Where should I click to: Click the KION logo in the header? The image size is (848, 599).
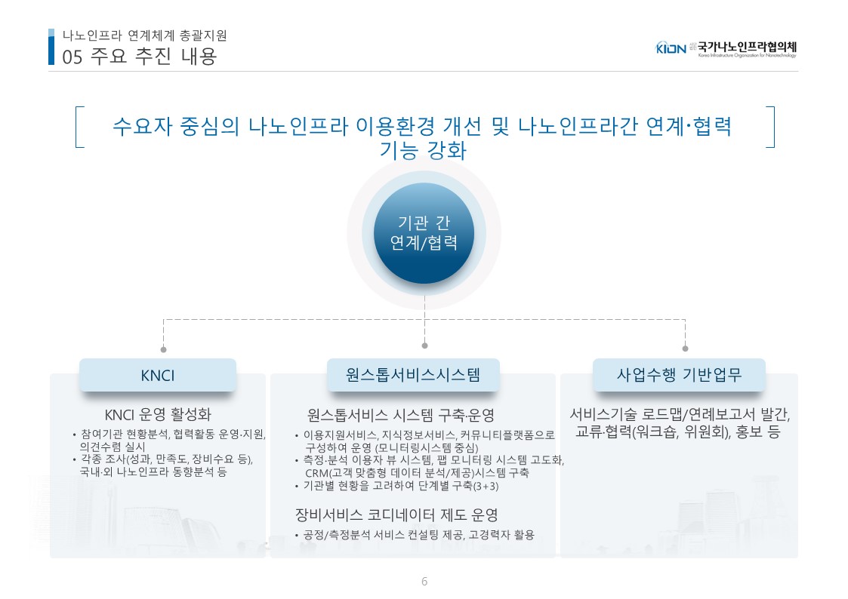click(671, 48)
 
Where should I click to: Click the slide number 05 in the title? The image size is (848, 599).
click(72, 57)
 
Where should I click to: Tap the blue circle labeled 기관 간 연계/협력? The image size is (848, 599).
click(424, 233)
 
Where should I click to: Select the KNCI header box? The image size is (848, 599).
click(158, 375)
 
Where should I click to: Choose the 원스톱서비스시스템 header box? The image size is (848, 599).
click(413, 375)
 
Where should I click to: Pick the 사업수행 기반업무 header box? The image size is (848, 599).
click(680, 375)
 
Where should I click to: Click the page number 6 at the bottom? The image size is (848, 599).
click(424, 581)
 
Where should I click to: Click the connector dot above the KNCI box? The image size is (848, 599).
click(163, 349)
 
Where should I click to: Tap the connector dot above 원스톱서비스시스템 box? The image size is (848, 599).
click(424, 345)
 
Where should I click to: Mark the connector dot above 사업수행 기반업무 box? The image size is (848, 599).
click(685, 349)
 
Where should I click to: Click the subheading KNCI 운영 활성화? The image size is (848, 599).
click(158, 415)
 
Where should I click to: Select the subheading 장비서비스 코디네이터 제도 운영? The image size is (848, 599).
click(396, 515)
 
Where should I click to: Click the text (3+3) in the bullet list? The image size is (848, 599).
click(486, 486)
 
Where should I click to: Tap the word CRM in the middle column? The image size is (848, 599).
click(317, 473)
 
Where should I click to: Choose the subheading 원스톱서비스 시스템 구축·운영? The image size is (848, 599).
click(401, 415)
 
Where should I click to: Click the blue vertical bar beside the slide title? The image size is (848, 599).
click(51, 47)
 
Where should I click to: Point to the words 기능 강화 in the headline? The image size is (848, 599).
click(423, 150)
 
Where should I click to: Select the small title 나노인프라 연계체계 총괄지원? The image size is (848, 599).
click(144, 35)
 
